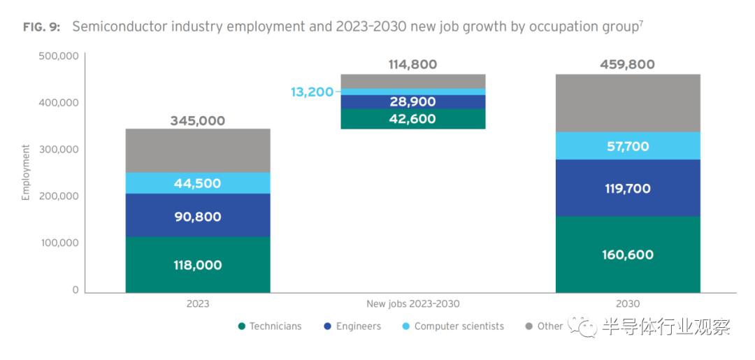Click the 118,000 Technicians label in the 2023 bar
coord(198,266)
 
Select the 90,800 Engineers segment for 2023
coord(198,217)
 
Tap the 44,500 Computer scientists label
coord(198,183)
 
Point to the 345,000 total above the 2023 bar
coord(198,121)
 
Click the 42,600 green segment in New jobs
coord(412,119)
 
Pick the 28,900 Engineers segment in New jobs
coord(412,102)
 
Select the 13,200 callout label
coord(312,92)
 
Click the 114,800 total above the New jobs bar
coord(412,64)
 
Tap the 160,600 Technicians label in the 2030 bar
coord(628,255)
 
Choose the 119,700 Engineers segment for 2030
coord(628,189)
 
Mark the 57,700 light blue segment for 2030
coord(628,147)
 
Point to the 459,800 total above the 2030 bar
coord(628,64)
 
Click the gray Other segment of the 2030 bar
coord(628,103)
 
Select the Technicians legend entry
coord(271,326)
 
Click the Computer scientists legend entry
coord(453,326)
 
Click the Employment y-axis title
coord(26,173)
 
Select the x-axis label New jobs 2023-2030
coord(413,304)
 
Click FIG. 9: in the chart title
coord(41,27)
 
